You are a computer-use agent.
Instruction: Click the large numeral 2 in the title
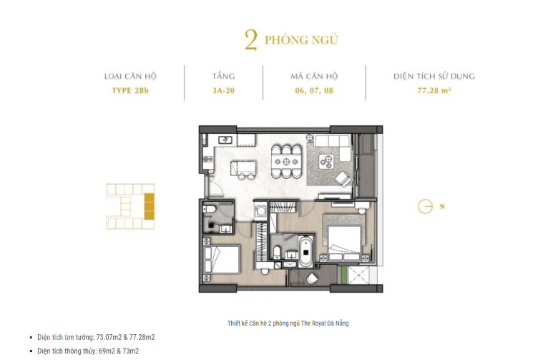(x=251, y=41)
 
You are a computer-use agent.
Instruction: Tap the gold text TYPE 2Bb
(x=130, y=91)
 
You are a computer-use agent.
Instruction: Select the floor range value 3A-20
(x=223, y=91)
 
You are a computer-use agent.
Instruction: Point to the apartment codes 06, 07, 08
(x=314, y=91)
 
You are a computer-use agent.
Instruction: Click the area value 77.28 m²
(x=434, y=91)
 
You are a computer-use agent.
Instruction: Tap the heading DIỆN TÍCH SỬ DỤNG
(x=434, y=76)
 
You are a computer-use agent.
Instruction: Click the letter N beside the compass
(x=442, y=206)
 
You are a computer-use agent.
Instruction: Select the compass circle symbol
(x=425, y=206)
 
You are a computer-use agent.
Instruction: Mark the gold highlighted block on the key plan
(x=150, y=206)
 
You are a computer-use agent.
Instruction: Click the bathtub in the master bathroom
(x=306, y=252)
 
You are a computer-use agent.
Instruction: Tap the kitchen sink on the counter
(x=225, y=140)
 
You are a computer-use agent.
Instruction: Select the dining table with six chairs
(x=286, y=162)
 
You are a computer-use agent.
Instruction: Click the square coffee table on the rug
(x=326, y=162)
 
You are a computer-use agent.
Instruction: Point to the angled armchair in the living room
(x=343, y=177)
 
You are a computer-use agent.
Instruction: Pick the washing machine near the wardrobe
(x=260, y=211)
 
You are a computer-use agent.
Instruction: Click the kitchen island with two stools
(x=243, y=168)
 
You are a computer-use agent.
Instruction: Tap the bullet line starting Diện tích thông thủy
(x=88, y=351)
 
